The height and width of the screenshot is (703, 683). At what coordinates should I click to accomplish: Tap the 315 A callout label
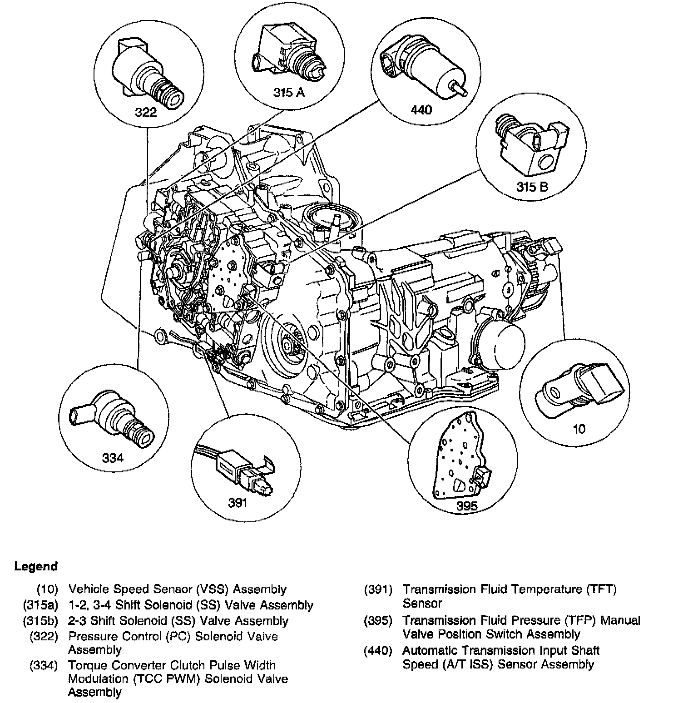288,93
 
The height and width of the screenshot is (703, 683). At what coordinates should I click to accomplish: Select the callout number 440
421,109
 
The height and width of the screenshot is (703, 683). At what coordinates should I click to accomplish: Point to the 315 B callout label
532,186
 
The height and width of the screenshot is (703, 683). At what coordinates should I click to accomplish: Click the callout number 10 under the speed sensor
579,429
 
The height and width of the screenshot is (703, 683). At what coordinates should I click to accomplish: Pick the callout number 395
467,506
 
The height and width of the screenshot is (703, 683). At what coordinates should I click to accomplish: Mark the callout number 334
113,458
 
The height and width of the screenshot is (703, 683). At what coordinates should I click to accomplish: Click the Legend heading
36,566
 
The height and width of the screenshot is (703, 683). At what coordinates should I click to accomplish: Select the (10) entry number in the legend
48,589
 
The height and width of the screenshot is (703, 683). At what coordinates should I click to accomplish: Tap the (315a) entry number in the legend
40,605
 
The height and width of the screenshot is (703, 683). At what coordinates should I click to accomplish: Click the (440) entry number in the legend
377,651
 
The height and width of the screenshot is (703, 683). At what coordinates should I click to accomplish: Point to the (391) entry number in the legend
378,589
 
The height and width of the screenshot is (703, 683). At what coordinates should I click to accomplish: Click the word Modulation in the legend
98,679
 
